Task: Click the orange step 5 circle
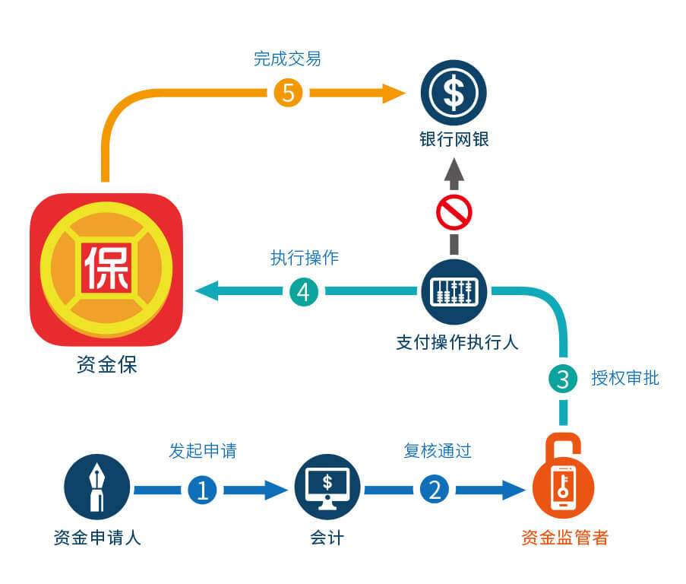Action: [288, 93]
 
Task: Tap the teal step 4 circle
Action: [303, 291]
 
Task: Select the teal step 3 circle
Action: [563, 379]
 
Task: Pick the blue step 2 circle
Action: [435, 490]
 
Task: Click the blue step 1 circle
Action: [202, 490]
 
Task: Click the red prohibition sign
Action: [454, 212]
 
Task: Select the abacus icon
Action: [454, 291]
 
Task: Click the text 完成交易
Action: [287, 59]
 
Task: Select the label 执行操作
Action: [304, 258]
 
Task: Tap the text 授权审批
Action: [624, 378]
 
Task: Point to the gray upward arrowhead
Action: [454, 171]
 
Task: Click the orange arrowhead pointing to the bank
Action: [394, 93]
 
